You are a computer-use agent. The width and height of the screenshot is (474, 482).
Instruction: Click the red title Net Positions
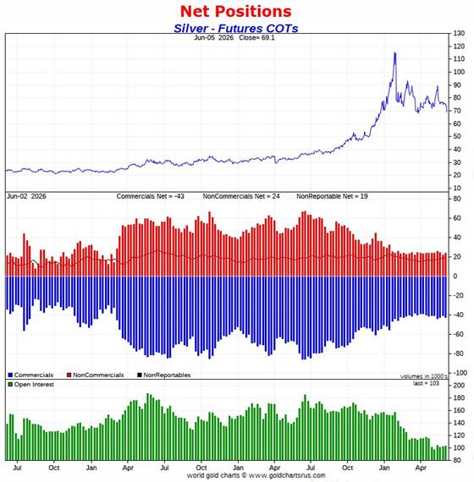tap(236, 11)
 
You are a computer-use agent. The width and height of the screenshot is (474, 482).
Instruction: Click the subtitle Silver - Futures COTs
tap(236, 28)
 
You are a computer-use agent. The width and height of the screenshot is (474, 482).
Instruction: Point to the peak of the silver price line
tap(395, 53)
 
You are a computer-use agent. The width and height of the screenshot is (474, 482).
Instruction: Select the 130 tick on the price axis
tap(459, 33)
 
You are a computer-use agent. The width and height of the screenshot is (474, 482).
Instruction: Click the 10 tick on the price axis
tap(457, 188)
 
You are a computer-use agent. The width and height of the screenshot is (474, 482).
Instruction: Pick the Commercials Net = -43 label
tap(150, 196)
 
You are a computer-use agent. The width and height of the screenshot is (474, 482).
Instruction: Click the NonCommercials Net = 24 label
tap(241, 196)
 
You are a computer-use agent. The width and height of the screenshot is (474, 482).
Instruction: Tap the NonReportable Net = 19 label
tap(332, 196)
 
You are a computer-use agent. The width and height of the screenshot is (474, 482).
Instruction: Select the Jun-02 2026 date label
tap(26, 196)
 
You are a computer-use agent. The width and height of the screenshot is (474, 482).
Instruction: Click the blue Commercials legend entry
tap(30, 375)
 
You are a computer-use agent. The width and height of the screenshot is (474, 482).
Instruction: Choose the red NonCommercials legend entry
tap(95, 375)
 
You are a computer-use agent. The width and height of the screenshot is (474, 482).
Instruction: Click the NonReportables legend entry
tap(163, 375)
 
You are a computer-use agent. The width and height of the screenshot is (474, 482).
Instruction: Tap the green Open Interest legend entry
tap(30, 385)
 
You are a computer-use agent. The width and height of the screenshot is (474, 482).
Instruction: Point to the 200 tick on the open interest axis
tap(459, 386)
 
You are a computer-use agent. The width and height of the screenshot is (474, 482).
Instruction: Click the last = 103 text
tap(426, 383)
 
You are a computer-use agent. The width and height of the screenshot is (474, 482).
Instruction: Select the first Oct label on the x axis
tap(54, 468)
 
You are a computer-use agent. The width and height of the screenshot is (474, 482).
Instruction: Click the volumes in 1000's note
tap(424, 376)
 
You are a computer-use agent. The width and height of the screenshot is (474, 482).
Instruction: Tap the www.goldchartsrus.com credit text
tap(287, 475)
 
